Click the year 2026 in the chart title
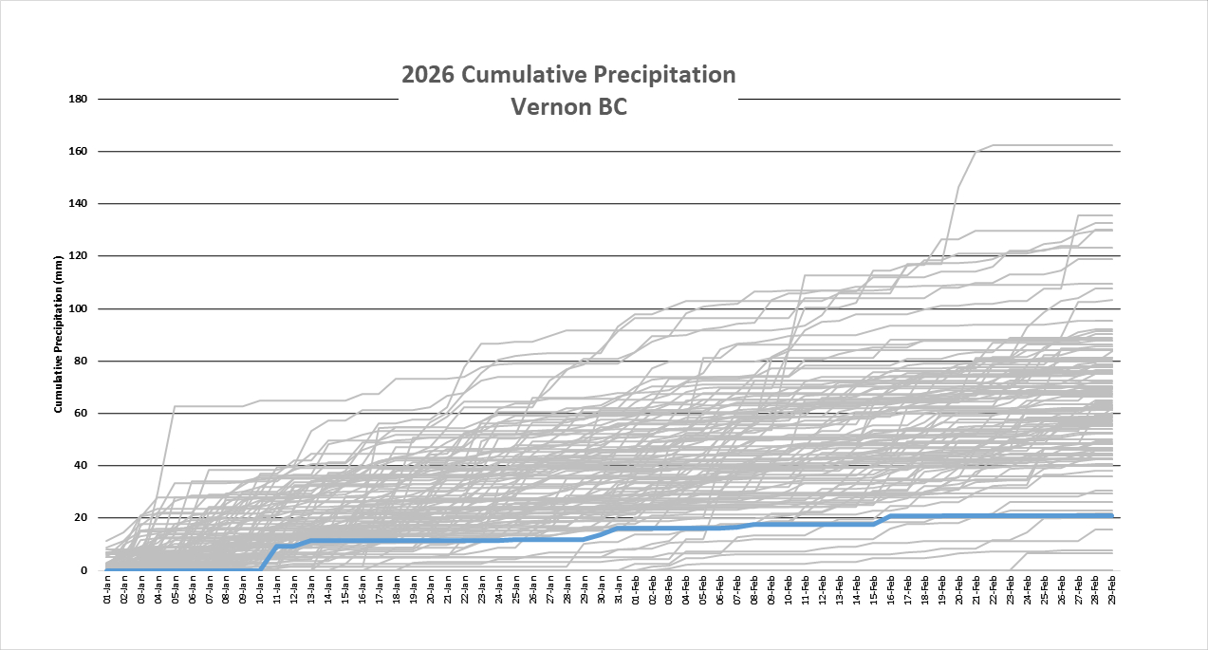pyautogui.click(x=429, y=75)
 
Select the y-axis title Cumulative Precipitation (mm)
pyautogui.click(x=58, y=334)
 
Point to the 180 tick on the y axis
pyautogui.click(x=79, y=99)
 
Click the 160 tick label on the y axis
pyautogui.click(x=79, y=152)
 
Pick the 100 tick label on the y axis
pyautogui.click(x=79, y=309)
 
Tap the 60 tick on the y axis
pyautogui.click(x=82, y=414)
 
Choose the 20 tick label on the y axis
pyautogui.click(x=82, y=518)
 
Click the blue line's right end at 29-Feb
pyautogui.click(x=1110, y=515)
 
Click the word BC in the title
pyautogui.click(x=610, y=107)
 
